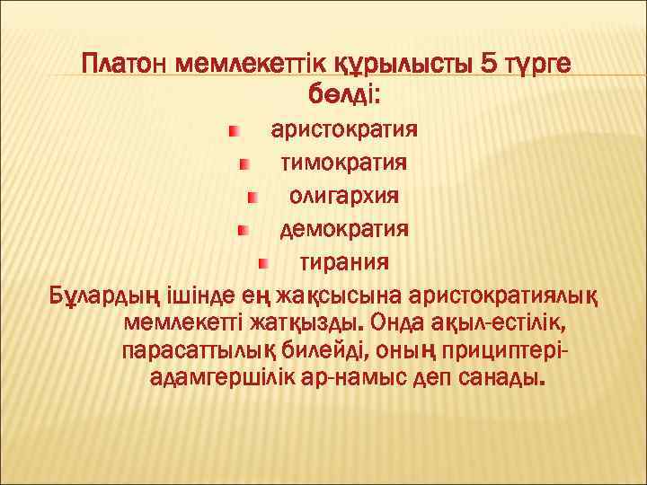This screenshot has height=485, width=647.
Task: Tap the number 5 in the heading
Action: pos(490,66)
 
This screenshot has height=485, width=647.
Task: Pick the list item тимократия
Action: pos(345,163)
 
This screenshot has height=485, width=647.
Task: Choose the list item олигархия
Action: pos(345,196)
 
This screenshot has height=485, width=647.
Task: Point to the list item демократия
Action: pos(345,229)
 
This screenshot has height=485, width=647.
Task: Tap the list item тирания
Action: pos(344,262)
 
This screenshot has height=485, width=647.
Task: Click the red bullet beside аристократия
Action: pos(234,131)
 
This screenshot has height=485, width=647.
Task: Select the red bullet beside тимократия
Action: pos(244,164)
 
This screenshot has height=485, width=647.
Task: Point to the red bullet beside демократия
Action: pos(242,230)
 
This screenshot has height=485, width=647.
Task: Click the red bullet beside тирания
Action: pos(262,263)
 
